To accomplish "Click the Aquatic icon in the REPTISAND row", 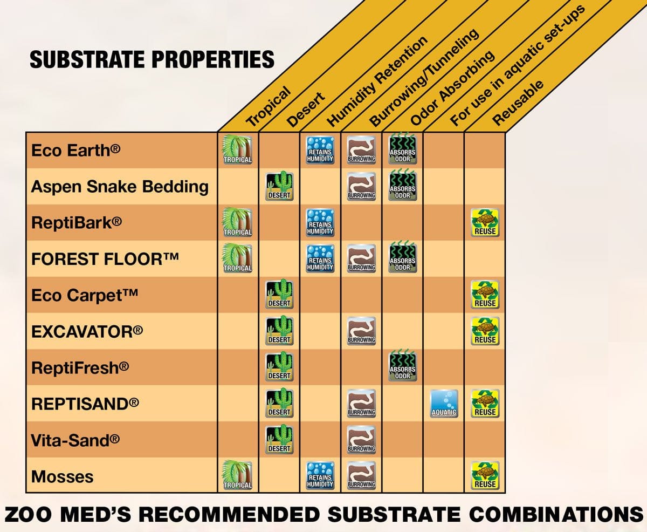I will click(x=444, y=403).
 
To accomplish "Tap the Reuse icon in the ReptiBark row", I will click(x=484, y=222).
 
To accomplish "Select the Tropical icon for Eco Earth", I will click(x=238, y=149).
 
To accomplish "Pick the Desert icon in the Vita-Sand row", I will click(x=279, y=439).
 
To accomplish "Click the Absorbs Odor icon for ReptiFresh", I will click(x=403, y=367).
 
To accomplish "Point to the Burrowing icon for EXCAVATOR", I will click(x=361, y=331).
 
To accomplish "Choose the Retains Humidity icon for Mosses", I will click(x=320, y=475).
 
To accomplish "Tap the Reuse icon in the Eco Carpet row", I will click(x=484, y=295).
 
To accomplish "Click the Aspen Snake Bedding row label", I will click(x=120, y=187).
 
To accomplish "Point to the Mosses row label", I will click(x=63, y=476).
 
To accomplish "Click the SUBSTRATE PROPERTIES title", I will click(x=152, y=59).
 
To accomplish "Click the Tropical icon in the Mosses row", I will click(x=238, y=475).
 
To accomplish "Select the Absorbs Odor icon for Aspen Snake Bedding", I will click(x=403, y=186).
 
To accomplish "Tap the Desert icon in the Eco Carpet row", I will click(x=279, y=295).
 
